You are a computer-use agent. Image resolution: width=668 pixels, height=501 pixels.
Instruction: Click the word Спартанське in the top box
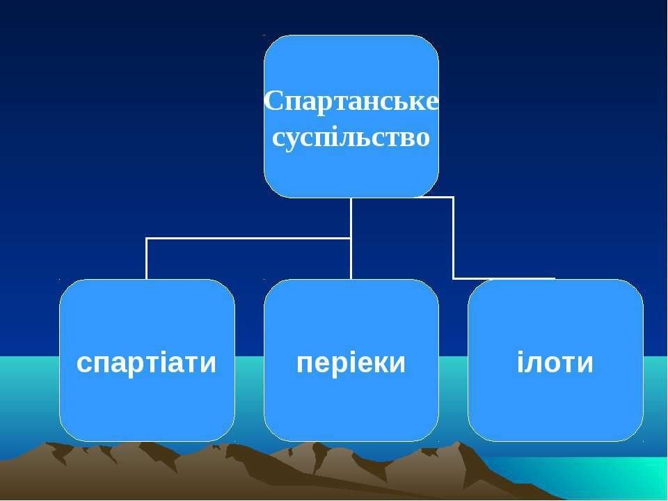351,102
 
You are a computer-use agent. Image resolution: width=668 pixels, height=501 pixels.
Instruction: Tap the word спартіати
147,363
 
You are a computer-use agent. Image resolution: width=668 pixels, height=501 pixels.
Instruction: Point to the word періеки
351,363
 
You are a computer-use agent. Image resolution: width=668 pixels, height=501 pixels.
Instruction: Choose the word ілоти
555,363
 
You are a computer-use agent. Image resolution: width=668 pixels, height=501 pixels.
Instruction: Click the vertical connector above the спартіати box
147,259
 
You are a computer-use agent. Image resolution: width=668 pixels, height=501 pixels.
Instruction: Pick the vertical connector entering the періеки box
351,259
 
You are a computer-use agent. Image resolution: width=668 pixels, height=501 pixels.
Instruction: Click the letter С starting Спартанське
273,101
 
